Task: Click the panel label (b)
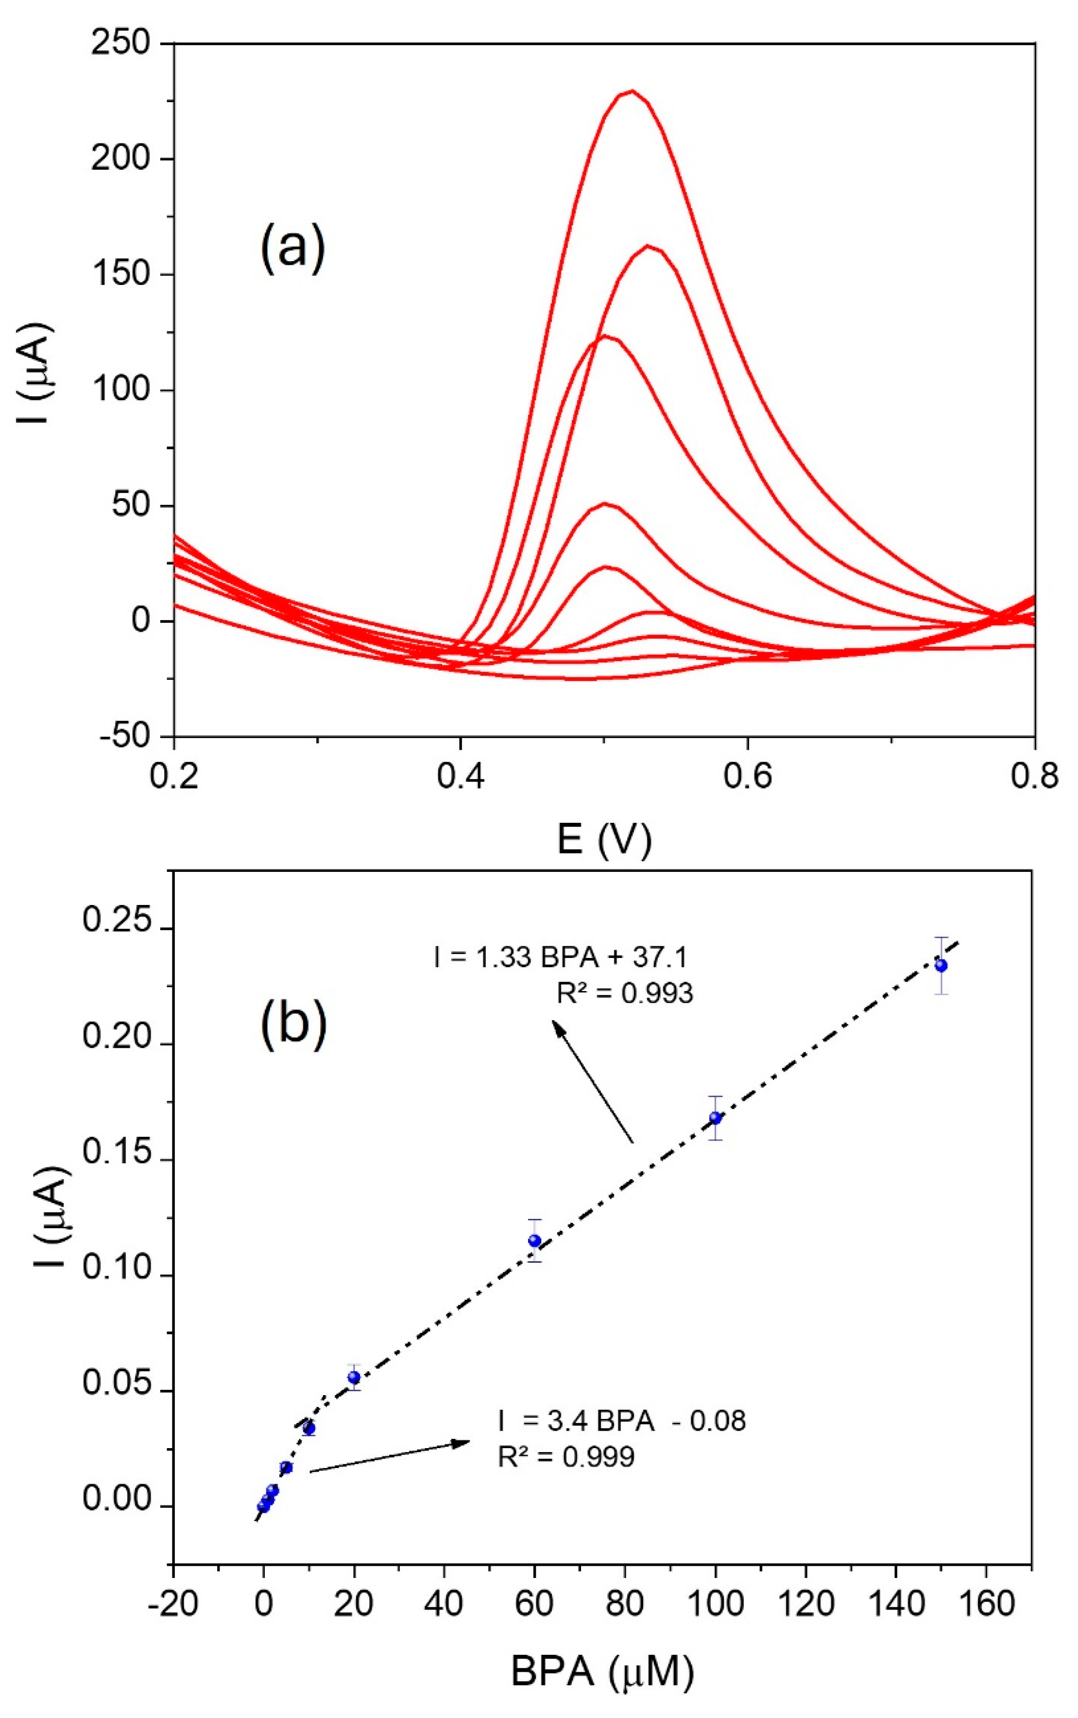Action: pyautogui.click(x=294, y=1022)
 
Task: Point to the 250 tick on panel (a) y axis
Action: pyautogui.click(x=120, y=43)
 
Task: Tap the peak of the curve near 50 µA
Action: pyautogui.click(x=605, y=504)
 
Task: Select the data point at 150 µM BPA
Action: pyautogui.click(x=941, y=965)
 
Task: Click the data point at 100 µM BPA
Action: pyautogui.click(x=715, y=1118)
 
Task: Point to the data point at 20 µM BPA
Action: pyautogui.click(x=354, y=1378)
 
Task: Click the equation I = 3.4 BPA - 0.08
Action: pyautogui.click(x=622, y=1421)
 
